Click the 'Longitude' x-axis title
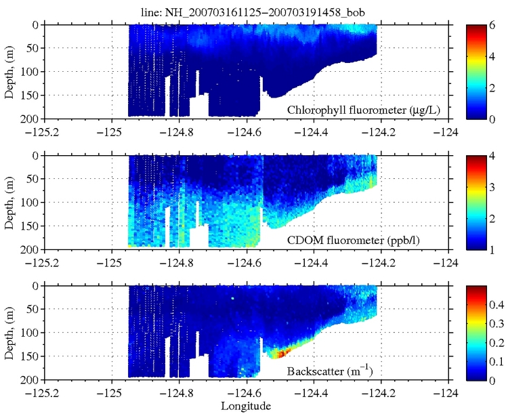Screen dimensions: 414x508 pyautogui.click(x=246, y=406)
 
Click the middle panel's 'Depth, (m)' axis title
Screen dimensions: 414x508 pyautogui.click(x=9, y=202)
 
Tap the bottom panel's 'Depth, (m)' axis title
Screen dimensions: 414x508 pyautogui.click(x=9, y=333)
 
